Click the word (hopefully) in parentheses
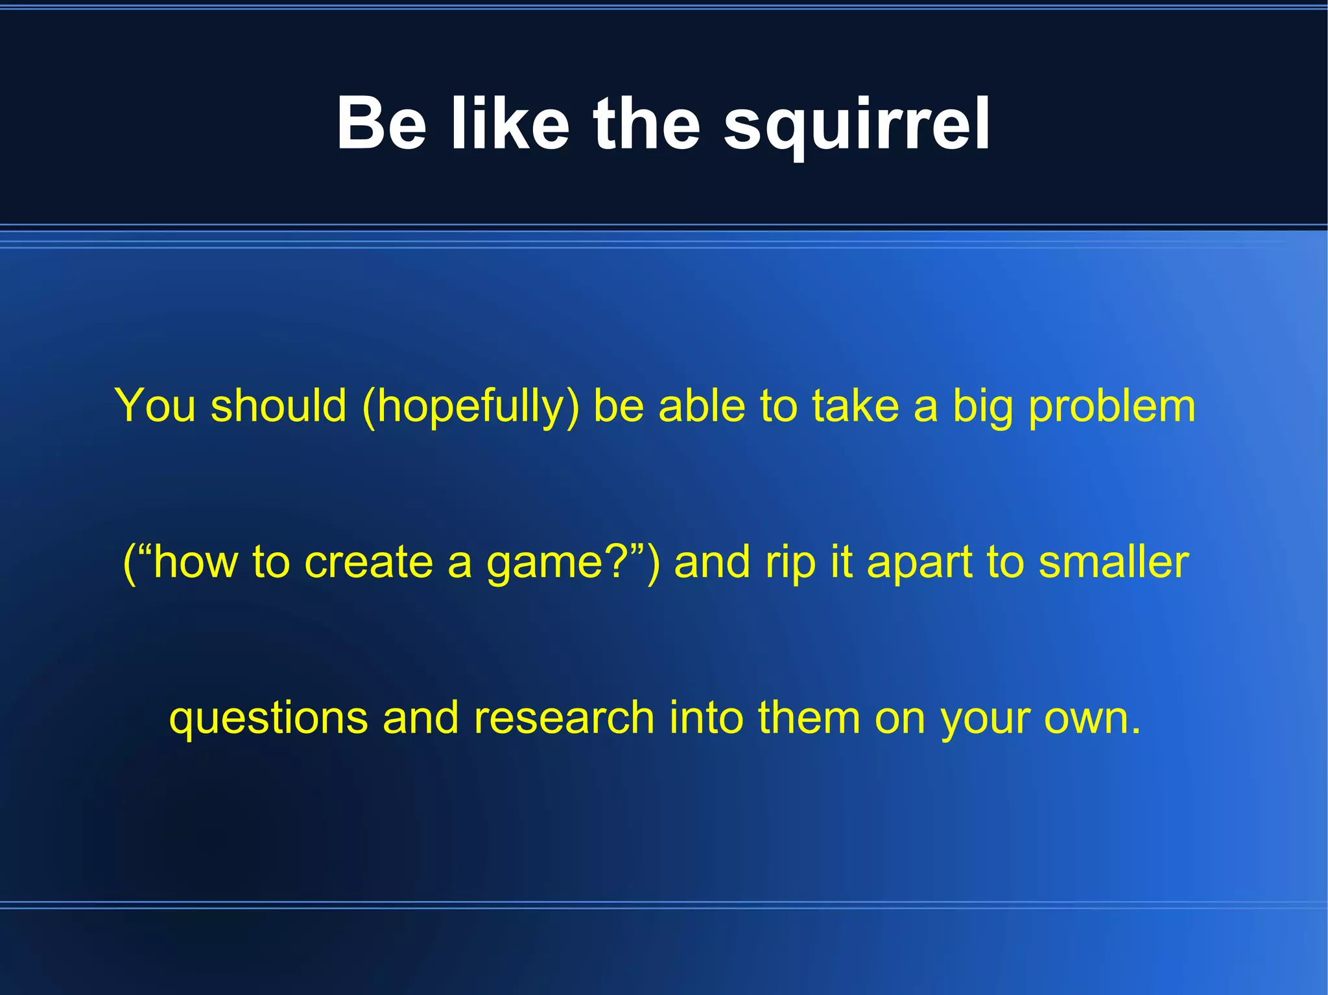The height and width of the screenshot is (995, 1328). click(471, 406)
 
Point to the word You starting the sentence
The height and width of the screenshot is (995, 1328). click(155, 406)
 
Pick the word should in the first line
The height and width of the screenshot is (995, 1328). click(279, 406)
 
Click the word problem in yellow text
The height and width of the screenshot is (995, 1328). click(1112, 406)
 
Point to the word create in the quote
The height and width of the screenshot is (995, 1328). click(368, 562)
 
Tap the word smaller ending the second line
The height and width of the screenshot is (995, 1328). click(1113, 562)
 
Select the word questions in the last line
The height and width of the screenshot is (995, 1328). click(268, 718)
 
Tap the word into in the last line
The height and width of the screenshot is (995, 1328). click(706, 718)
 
